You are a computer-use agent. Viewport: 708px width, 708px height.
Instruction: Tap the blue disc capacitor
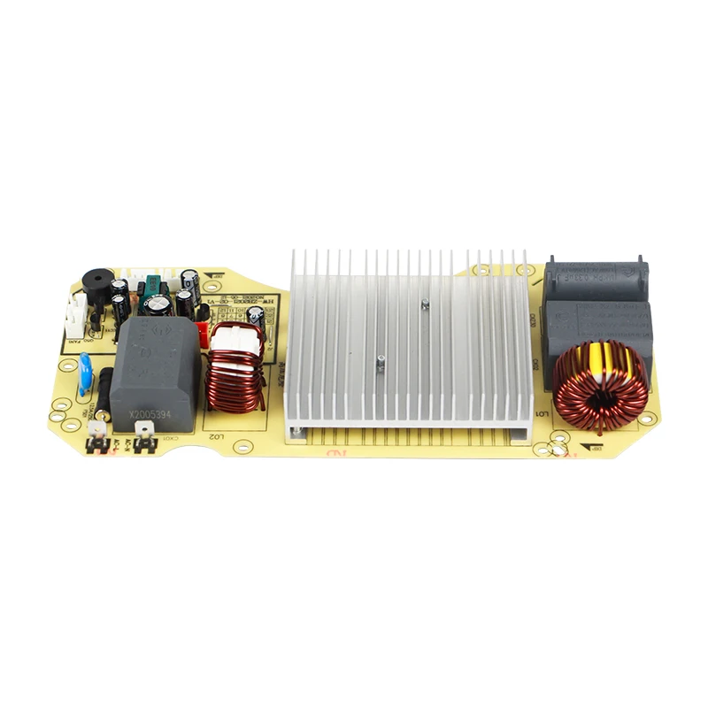(x=85, y=373)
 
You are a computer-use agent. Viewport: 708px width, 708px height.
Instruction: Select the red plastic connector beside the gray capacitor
(x=203, y=335)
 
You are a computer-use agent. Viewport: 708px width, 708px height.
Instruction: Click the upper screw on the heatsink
(x=425, y=304)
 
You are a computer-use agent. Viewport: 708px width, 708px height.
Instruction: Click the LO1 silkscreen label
(x=543, y=414)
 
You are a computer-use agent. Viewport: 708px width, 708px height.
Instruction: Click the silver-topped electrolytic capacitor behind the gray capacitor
(x=158, y=304)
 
